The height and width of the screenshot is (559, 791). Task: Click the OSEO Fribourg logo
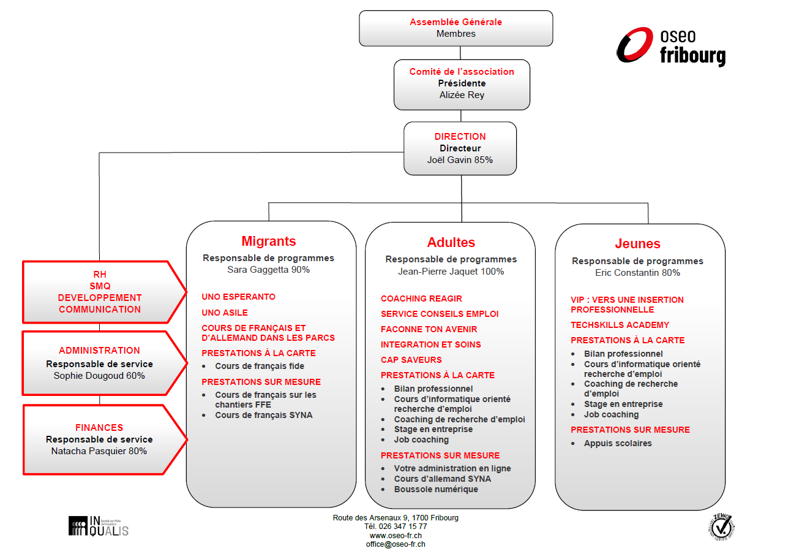click(x=670, y=47)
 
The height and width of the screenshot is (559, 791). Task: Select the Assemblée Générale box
click(x=455, y=28)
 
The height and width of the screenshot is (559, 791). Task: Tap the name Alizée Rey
click(x=462, y=95)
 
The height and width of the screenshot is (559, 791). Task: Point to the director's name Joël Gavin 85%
click(x=460, y=159)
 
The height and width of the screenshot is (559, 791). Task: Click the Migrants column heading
click(x=268, y=241)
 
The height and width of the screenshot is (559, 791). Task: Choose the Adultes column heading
click(x=451, y=242)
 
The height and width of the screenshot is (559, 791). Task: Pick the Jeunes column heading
click(x=637, y=244)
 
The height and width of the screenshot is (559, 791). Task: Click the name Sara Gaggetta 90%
click(x=268, y=270)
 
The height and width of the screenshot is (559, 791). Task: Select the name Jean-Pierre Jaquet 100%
click(x=451, y=271)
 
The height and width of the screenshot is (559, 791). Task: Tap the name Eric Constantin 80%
click(x=637, y=272)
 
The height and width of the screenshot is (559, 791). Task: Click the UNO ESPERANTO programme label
click(x=239, y=297)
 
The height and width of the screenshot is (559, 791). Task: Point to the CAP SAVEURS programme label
click(x=411, y=360)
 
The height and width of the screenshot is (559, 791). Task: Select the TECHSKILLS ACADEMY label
click(x=620, y=325)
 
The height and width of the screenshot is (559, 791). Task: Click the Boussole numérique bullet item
click(x=436, y=489)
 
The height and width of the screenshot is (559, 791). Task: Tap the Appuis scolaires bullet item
click(x=618, y=443)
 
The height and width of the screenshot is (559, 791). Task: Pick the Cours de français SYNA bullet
click(x=263, y=415)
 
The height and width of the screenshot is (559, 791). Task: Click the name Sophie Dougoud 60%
click(x=99, y=376)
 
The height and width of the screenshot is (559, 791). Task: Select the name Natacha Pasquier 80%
click(x=99, y=451)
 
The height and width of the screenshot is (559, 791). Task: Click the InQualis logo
click(x=98, y=526)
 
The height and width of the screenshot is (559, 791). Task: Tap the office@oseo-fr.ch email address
click(x=395, y=544)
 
